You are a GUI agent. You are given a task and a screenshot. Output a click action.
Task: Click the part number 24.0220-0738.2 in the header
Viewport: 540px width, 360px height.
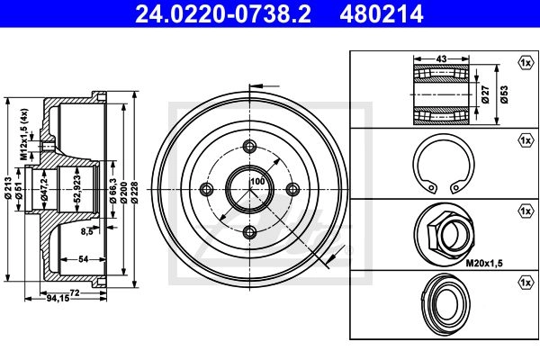click(223, 13)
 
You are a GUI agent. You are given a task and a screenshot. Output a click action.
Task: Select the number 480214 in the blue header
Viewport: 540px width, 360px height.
click(382, 13)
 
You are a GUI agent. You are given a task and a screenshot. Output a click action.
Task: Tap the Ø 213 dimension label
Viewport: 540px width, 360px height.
click(8, 188)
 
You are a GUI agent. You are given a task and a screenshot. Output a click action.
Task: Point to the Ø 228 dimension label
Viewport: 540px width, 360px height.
click(134, 192)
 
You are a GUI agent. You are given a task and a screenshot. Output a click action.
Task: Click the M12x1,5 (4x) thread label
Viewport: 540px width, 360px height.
click(24, 134)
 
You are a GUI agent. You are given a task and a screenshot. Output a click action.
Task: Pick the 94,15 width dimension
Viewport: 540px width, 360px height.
click(58, 298)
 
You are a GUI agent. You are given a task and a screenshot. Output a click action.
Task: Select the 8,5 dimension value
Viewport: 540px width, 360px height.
click(87, 231)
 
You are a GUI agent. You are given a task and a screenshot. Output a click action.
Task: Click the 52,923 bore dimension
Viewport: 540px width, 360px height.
click(77, 188)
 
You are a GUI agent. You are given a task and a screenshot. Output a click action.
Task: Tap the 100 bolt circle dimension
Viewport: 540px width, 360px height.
click(257, 181)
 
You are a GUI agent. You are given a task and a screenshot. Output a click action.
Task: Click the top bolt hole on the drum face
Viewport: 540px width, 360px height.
click(249, 146)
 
